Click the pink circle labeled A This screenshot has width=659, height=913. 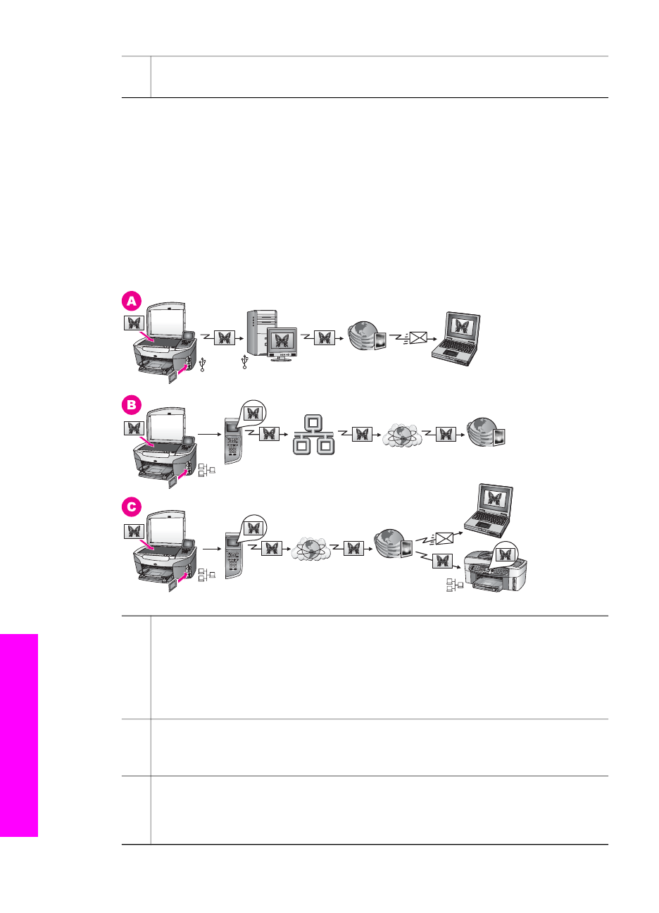click(x=132, y=302)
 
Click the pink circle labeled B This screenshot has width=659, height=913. click(x=132, y=405)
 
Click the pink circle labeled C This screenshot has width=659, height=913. click(x=132, y=507)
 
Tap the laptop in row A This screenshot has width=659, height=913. click(x=456, y=339)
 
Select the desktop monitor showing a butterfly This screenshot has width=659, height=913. click(x=282, y=344)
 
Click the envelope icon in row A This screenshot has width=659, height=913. click(x=418, y=337)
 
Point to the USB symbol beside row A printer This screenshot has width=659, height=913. click(x=203, y=365)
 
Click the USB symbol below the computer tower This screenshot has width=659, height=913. click(x=244, y=361)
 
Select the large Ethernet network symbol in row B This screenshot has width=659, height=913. click(x=313, y=435)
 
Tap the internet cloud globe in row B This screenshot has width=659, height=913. click(x=401, y=435)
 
